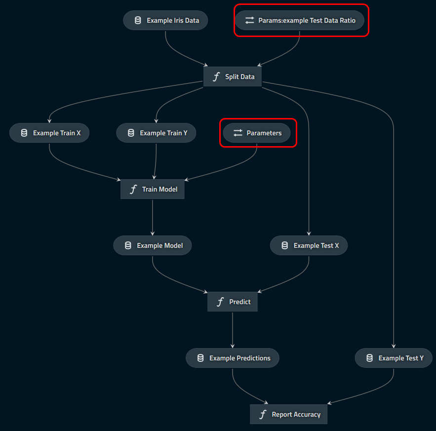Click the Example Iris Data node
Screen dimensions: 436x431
(165, 20)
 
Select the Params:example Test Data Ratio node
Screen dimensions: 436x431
(300, 20)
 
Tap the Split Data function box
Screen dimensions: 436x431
(233, 77)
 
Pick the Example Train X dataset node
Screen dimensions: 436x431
(49, 133)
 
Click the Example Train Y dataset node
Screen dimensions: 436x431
(156, 133)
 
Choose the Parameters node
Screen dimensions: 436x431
(257, 133)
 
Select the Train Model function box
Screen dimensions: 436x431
(153, 189)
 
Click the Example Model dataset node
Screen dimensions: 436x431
(153, 245)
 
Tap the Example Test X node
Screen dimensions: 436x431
(309, 245)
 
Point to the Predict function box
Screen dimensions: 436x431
(233, 302)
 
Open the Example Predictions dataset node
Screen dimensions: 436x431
(233, 358)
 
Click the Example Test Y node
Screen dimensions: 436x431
(394, 358)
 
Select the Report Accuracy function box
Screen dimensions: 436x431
(289, 414)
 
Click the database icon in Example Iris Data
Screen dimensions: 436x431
(138, 20)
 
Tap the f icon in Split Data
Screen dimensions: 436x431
(216, 77)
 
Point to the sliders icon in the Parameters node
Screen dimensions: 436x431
(238, 133)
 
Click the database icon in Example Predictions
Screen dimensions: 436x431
(200, 358)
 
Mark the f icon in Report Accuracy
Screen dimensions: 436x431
(263, 414)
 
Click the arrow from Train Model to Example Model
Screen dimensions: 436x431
(153, 217)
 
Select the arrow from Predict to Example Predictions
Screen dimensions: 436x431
(233, 330)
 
